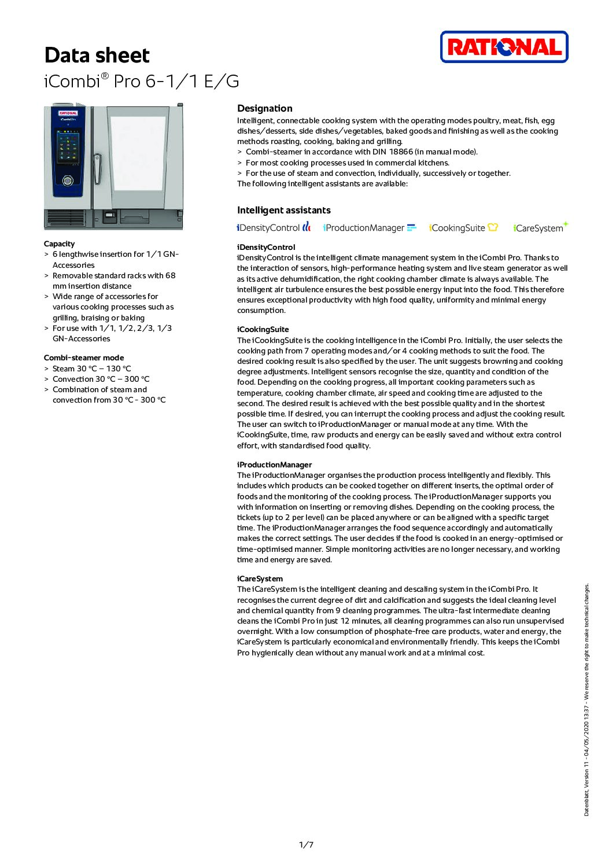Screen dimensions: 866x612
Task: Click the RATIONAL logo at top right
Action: pos(504,47)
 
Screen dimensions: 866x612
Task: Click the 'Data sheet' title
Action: pos(97,56)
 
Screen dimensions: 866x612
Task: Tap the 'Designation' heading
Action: pos(264,108)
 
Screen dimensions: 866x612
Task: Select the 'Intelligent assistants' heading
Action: pos(283,210)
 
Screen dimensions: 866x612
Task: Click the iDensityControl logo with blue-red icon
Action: pos(274,227)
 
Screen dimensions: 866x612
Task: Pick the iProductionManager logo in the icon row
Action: pos(370,227)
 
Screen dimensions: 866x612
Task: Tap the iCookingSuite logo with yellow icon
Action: pos(463,227)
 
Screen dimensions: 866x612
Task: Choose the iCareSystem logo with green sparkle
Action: pos(540,227)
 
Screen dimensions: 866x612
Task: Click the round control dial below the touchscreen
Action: pos(68,181)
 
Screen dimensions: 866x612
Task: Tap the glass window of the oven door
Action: pos(138,153)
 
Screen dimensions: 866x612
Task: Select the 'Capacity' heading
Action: pos(59,244)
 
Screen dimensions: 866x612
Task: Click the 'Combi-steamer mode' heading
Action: pos(84,358)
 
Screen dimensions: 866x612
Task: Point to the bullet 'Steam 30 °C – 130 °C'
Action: pos(91,368)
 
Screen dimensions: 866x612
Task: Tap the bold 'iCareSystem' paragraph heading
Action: pos(260,578)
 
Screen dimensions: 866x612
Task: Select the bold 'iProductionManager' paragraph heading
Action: pos(274,465)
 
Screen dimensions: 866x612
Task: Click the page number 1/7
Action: pos(306,845)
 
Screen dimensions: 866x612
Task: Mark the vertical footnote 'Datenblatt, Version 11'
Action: pos(586,792)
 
